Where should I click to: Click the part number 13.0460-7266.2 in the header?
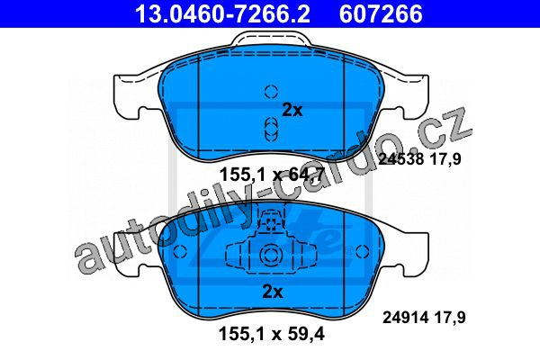(222, 13)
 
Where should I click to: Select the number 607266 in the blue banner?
(381, 13)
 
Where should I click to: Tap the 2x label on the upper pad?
(292, 110)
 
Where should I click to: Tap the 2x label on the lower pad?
(273, 292)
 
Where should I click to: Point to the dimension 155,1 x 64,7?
(272, 175)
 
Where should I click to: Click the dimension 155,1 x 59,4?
(272, 334)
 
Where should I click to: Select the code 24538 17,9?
(419, 159)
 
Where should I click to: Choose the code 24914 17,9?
(424, 317)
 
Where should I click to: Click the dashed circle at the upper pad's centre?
(272, 91)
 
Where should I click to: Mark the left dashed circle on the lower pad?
(180, 251)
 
